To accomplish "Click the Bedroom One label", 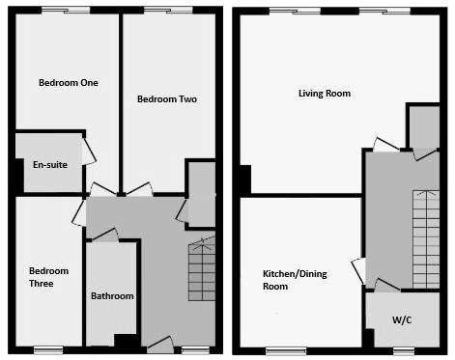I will pyautogui.click(x=68, y=82).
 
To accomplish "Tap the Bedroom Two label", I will pyautogui.click(x=167, y=98).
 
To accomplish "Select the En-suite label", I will pyautogui.click(x=49, y=165).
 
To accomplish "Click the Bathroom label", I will pyautogui.click(x=112, y=296).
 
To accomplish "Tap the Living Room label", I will pyautogui.click(x=324, y=94).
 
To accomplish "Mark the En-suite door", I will pyautogui.click(x=89, y=151).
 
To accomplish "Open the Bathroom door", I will pyautogui.click(x=104, y=235).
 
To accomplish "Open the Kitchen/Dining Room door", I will pyautogui.click(x=358, y=271).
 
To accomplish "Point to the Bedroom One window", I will pyautogui.click(x=67, y=11).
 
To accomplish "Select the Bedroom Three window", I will pyautogui.click(x=49, y=348).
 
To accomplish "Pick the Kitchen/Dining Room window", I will pyautogui.click(x=280, y=348).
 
